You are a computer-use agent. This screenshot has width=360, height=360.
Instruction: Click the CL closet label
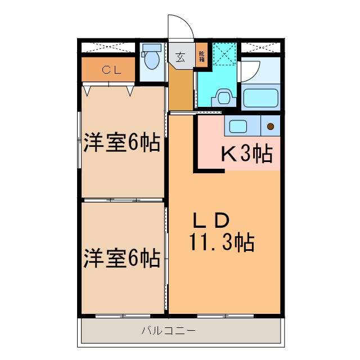pos(108,70)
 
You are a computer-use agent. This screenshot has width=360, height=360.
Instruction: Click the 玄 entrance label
pos(180,57)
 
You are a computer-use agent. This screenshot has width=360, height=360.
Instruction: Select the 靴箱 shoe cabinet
pos(201,57)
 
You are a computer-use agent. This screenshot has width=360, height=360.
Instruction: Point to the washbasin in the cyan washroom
pos(224,98)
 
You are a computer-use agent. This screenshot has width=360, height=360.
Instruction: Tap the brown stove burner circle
pos(271,127)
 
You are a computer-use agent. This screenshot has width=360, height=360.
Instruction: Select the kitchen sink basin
pos(236,126)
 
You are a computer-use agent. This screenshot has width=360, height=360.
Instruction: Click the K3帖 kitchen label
pos(246,153)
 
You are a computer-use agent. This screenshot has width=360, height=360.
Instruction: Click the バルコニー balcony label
pos(168,330)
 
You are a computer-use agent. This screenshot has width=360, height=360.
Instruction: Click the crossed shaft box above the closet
pos(108,47)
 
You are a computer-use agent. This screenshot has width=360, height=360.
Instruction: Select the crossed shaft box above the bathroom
pos(260,47)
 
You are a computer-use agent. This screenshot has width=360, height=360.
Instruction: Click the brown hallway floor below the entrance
pos(181,90)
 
